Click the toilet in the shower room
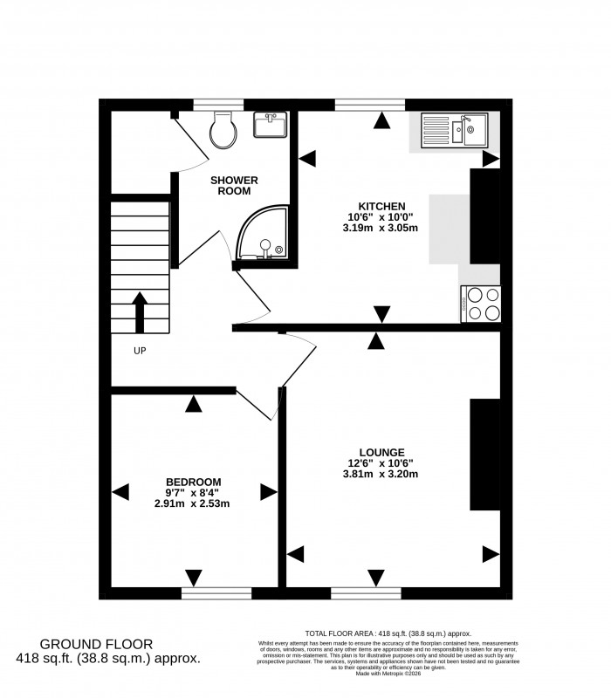[x=223, y=130]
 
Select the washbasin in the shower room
[x=271, y=125]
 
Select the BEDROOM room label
[x=193, y=482]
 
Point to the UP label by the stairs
[x=140, y=352]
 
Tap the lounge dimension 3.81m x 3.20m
[x=380, y=475]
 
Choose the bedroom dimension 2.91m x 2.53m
[x=193, y=504]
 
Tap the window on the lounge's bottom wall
[x=366, y=593]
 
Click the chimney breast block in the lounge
[x=484, y=455]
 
